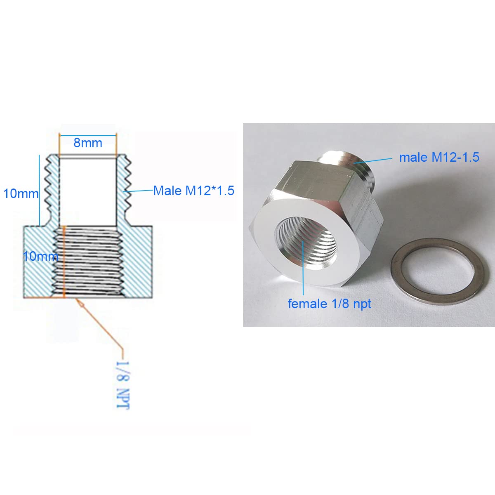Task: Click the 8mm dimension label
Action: point(87,143)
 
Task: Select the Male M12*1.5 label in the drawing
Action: point(193,191)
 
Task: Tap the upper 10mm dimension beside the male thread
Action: point(21,193)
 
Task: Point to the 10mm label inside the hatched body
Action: point(40,256)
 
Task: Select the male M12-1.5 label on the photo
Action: point(439,157)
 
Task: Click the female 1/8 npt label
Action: point(329,304)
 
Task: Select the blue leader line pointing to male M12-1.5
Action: point(373,160)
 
